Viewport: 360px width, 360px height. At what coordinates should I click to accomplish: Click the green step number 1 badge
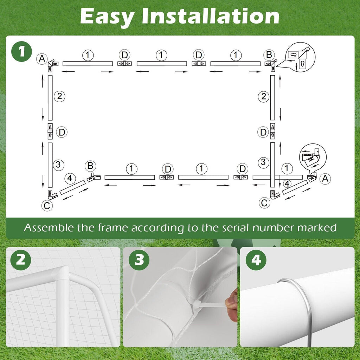click(x=21, y=52)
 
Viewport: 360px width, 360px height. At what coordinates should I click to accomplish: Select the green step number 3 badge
click(x=139, y=260)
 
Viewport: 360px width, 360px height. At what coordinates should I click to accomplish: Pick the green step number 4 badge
click(x=256, y=260)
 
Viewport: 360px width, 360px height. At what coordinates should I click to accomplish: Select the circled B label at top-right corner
click(x=269, y=55)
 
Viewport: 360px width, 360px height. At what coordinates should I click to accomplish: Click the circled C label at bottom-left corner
click(x=47, y=206)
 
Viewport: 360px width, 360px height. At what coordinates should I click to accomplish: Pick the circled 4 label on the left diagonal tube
click(x=70, y=178)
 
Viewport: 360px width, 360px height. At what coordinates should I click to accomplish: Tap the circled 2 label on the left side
click(x=59, y=96)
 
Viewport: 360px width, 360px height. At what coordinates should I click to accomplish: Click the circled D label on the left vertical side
click(x=62, y=132)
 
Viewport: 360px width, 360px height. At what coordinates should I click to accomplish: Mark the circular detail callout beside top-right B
click(x=301, y=57)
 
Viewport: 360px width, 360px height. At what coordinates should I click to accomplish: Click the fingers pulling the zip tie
click(x=232, y=303)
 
